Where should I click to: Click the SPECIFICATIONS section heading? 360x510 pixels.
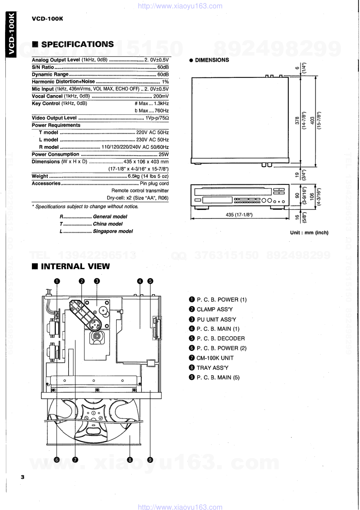(x=77, y=44)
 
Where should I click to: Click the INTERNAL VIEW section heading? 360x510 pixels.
(x=75, y=266)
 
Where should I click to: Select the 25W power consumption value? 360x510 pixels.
(x=164, y=154)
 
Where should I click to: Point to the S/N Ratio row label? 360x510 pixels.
(x=43, y=67)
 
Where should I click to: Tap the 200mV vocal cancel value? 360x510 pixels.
(x=161, y=96)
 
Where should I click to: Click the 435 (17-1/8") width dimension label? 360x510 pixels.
(x=239, y=215)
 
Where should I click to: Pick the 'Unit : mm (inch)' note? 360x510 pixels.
(x=309, y=232)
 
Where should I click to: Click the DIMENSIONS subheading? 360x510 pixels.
(x=212, y=60)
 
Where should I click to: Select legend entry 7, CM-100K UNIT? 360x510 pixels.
(x=215, y=358)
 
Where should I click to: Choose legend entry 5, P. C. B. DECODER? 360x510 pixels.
(x=220, y=338)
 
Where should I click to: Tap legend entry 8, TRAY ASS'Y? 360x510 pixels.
(x=212, y=368)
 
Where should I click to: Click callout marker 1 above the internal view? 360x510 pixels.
(x=57, y=281)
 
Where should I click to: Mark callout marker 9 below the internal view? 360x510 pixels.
(x=150, y=460)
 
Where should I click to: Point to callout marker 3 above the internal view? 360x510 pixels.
(x=97, y=281)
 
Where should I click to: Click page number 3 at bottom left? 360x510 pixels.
(x=22, y=477)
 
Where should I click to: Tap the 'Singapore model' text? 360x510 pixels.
(x=113, y=231)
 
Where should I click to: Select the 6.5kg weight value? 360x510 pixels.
(x=134, y=176)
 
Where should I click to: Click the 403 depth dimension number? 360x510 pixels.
(x=312, y=120)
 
